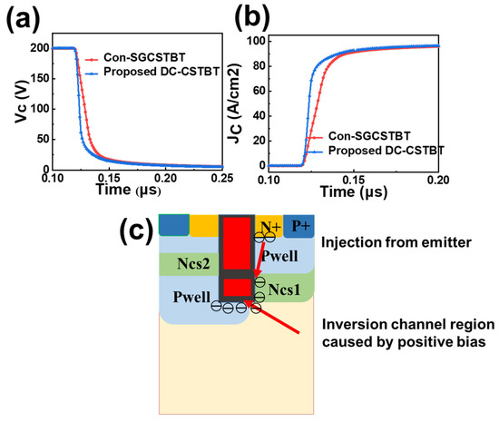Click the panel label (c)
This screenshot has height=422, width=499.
140,232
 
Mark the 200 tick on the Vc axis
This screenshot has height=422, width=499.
38,48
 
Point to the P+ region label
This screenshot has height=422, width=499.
301,226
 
